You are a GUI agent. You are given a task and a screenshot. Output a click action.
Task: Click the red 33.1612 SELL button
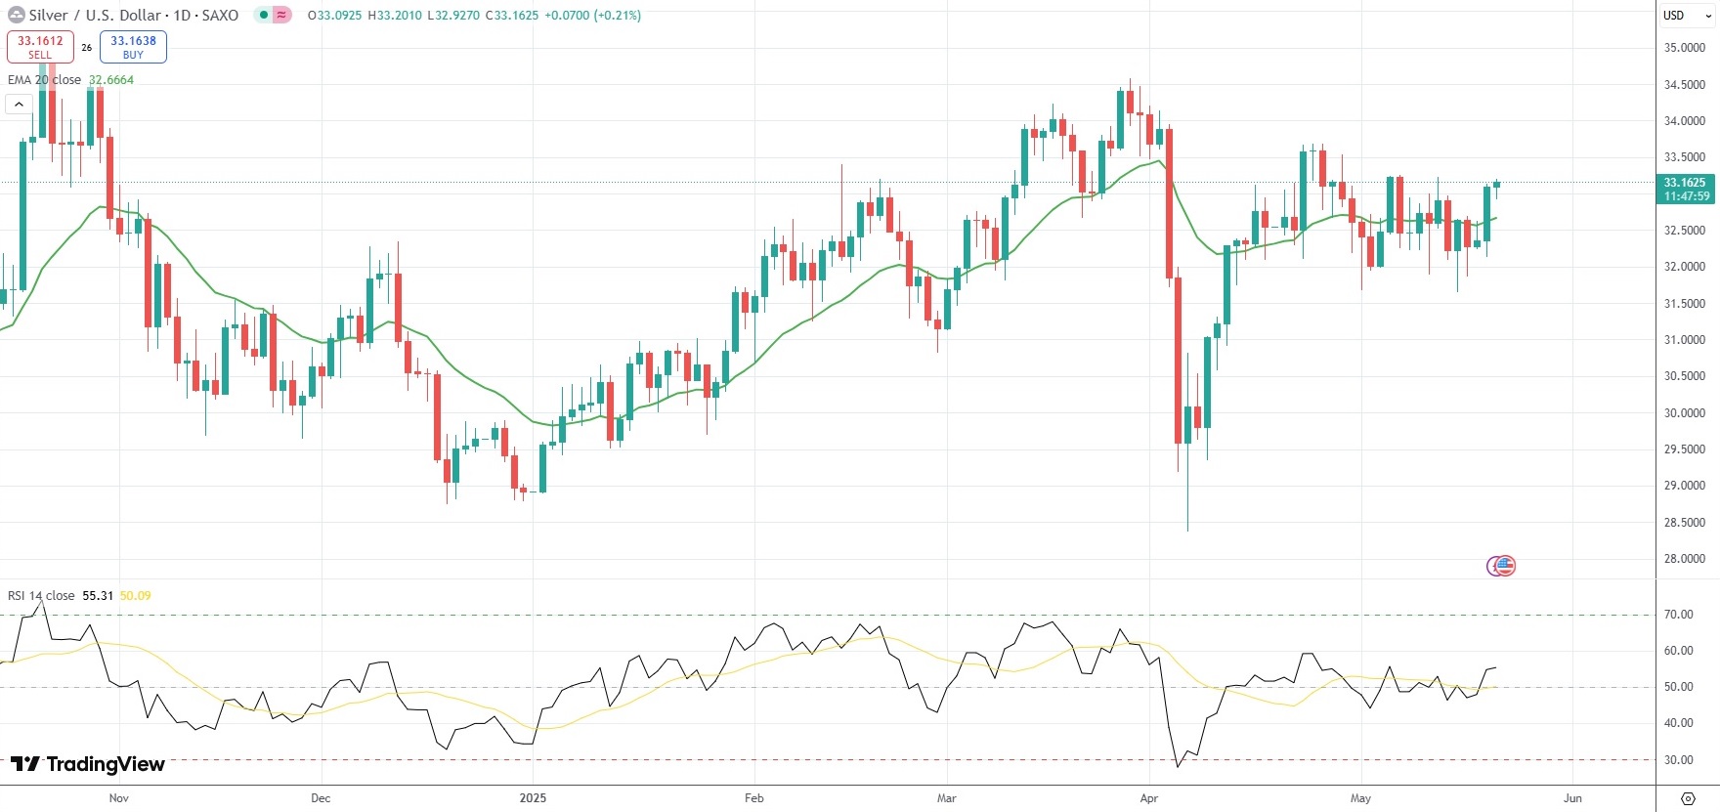40,47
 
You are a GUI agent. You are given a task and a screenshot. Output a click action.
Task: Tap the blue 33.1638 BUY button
133,47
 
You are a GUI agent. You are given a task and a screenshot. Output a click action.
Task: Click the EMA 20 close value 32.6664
111,80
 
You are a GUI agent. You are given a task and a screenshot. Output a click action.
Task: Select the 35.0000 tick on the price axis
1685,48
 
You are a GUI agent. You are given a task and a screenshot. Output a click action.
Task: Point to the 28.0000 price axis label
1685,559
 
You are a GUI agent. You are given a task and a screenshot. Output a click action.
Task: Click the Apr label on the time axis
1148,798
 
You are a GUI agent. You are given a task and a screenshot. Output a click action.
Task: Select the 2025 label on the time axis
533,798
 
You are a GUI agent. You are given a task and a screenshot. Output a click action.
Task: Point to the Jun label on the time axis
1571,798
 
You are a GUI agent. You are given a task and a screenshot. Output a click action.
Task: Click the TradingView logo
88,764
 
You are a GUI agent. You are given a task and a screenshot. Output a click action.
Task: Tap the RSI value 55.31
98,596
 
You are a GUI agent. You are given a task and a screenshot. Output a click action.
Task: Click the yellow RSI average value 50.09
135,596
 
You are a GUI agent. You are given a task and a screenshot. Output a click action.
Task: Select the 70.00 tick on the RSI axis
1679,615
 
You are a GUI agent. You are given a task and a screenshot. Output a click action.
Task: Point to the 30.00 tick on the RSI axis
1679,760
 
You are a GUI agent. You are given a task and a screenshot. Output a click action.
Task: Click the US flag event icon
1505,565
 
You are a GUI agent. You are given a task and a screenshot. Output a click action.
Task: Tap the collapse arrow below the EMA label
19,104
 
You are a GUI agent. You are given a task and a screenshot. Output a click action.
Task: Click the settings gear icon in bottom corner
1688,798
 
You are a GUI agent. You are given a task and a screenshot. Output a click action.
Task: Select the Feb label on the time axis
753,798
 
